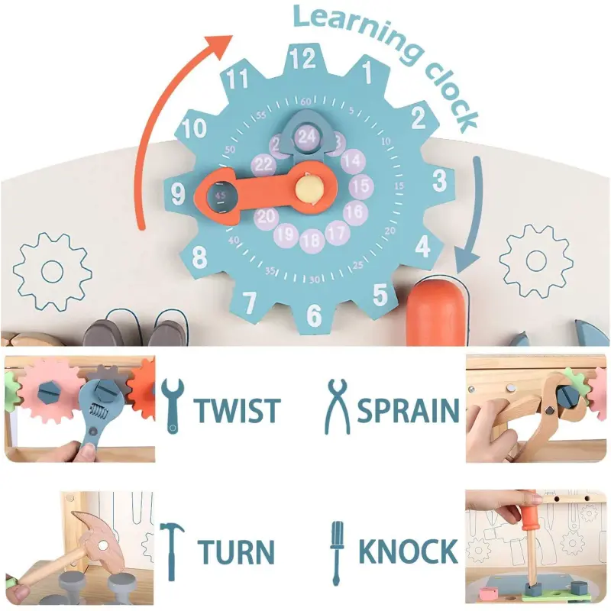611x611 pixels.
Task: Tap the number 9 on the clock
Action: [179, 195]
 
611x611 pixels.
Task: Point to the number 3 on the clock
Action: [440, 180]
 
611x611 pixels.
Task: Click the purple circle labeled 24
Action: [307, 137]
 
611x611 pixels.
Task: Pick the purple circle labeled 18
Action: [311, 241]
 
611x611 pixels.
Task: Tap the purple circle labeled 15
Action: [361, 186]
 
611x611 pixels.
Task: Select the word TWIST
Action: [237, 409]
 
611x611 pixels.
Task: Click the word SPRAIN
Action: [408, 409]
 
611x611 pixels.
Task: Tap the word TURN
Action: [236, 551]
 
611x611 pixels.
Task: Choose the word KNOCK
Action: [408, 551]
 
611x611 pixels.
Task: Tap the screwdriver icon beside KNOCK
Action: [336, 548]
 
